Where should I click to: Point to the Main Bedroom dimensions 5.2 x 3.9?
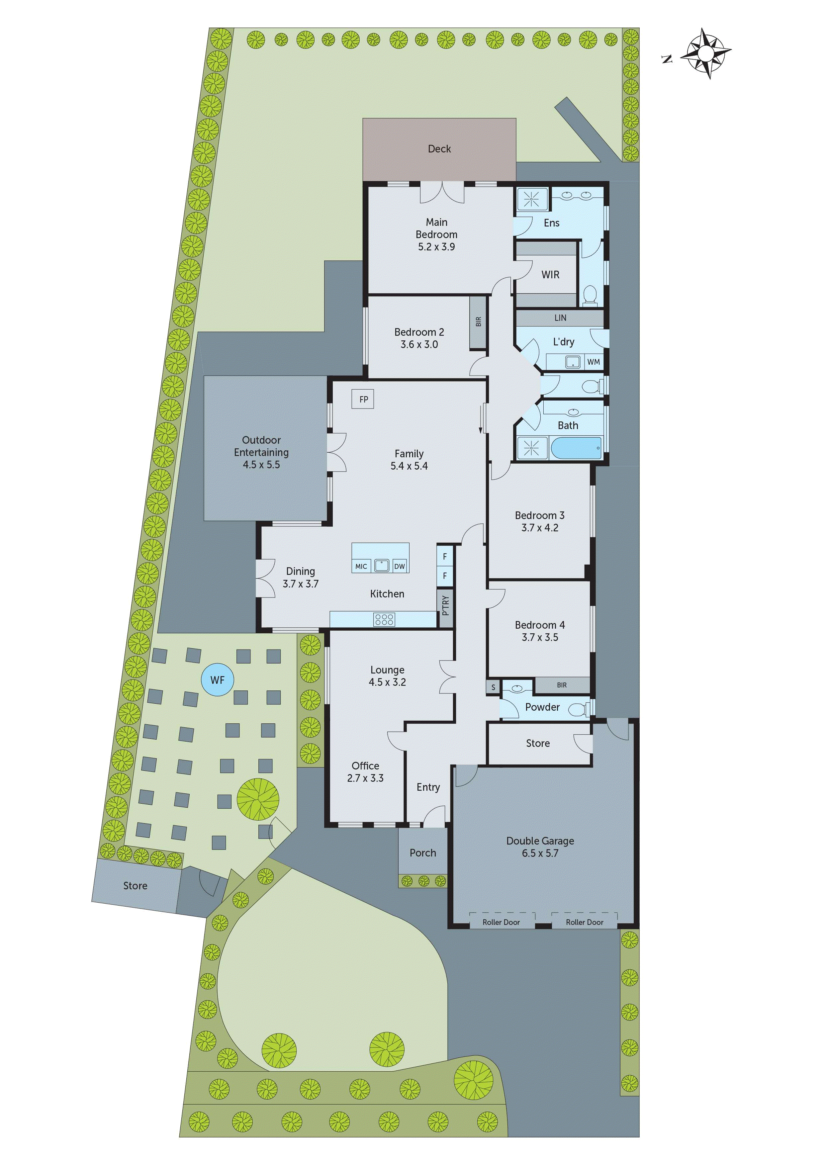(436, 247)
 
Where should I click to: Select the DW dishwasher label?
(400, 566)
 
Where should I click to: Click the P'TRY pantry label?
(445, 605)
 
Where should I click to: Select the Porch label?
(423, 853)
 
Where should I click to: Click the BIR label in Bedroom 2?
(478, 322)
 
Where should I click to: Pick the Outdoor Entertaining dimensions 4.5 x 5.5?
(261, 465)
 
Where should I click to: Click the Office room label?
(365, 766)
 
